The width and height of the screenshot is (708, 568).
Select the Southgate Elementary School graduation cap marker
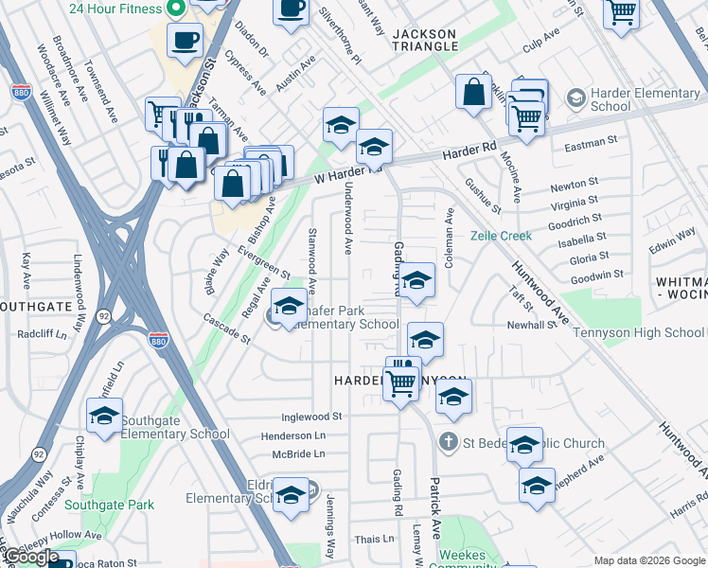pyautogui.click(x=104, y=417)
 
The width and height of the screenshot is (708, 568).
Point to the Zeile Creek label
pyautogui.click(x=501, y=236)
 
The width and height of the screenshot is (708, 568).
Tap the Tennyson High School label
pyautogui.click(x=645, y=332)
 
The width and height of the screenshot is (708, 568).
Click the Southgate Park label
pyautogui.click(x=117, y=505)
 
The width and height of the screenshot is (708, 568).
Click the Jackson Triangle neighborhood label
pyautogui.click(x=424, y=40)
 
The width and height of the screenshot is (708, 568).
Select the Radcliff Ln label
pyautogui.click(x=42, y=334)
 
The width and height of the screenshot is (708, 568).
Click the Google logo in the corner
pyautogui.click(x=30, y=557)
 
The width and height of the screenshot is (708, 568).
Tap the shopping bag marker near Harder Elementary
pyautogui.click(x=473, y=93)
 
